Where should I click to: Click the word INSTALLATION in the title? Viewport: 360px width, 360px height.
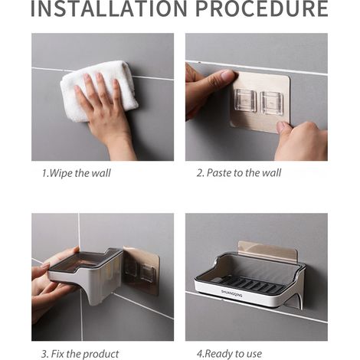109,8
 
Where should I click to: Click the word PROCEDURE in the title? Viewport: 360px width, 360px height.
262,8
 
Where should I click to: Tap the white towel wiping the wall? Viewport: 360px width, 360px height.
100,90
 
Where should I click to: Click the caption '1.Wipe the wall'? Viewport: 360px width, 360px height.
77,173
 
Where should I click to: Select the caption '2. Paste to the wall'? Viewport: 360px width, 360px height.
239,173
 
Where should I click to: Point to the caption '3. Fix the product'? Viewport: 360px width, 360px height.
80,354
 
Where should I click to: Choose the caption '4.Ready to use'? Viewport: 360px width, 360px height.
229,354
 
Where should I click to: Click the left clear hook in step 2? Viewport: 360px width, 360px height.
245,100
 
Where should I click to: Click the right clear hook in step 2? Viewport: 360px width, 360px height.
272,103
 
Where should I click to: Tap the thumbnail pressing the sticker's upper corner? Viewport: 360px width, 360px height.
229,75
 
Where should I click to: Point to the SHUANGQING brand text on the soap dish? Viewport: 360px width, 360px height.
232,293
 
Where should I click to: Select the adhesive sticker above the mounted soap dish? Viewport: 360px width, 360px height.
268,250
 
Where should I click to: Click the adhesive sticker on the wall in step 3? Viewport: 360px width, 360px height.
142,270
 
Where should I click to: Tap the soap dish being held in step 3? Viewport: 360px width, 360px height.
86,274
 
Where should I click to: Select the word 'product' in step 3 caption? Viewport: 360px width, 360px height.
101,355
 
